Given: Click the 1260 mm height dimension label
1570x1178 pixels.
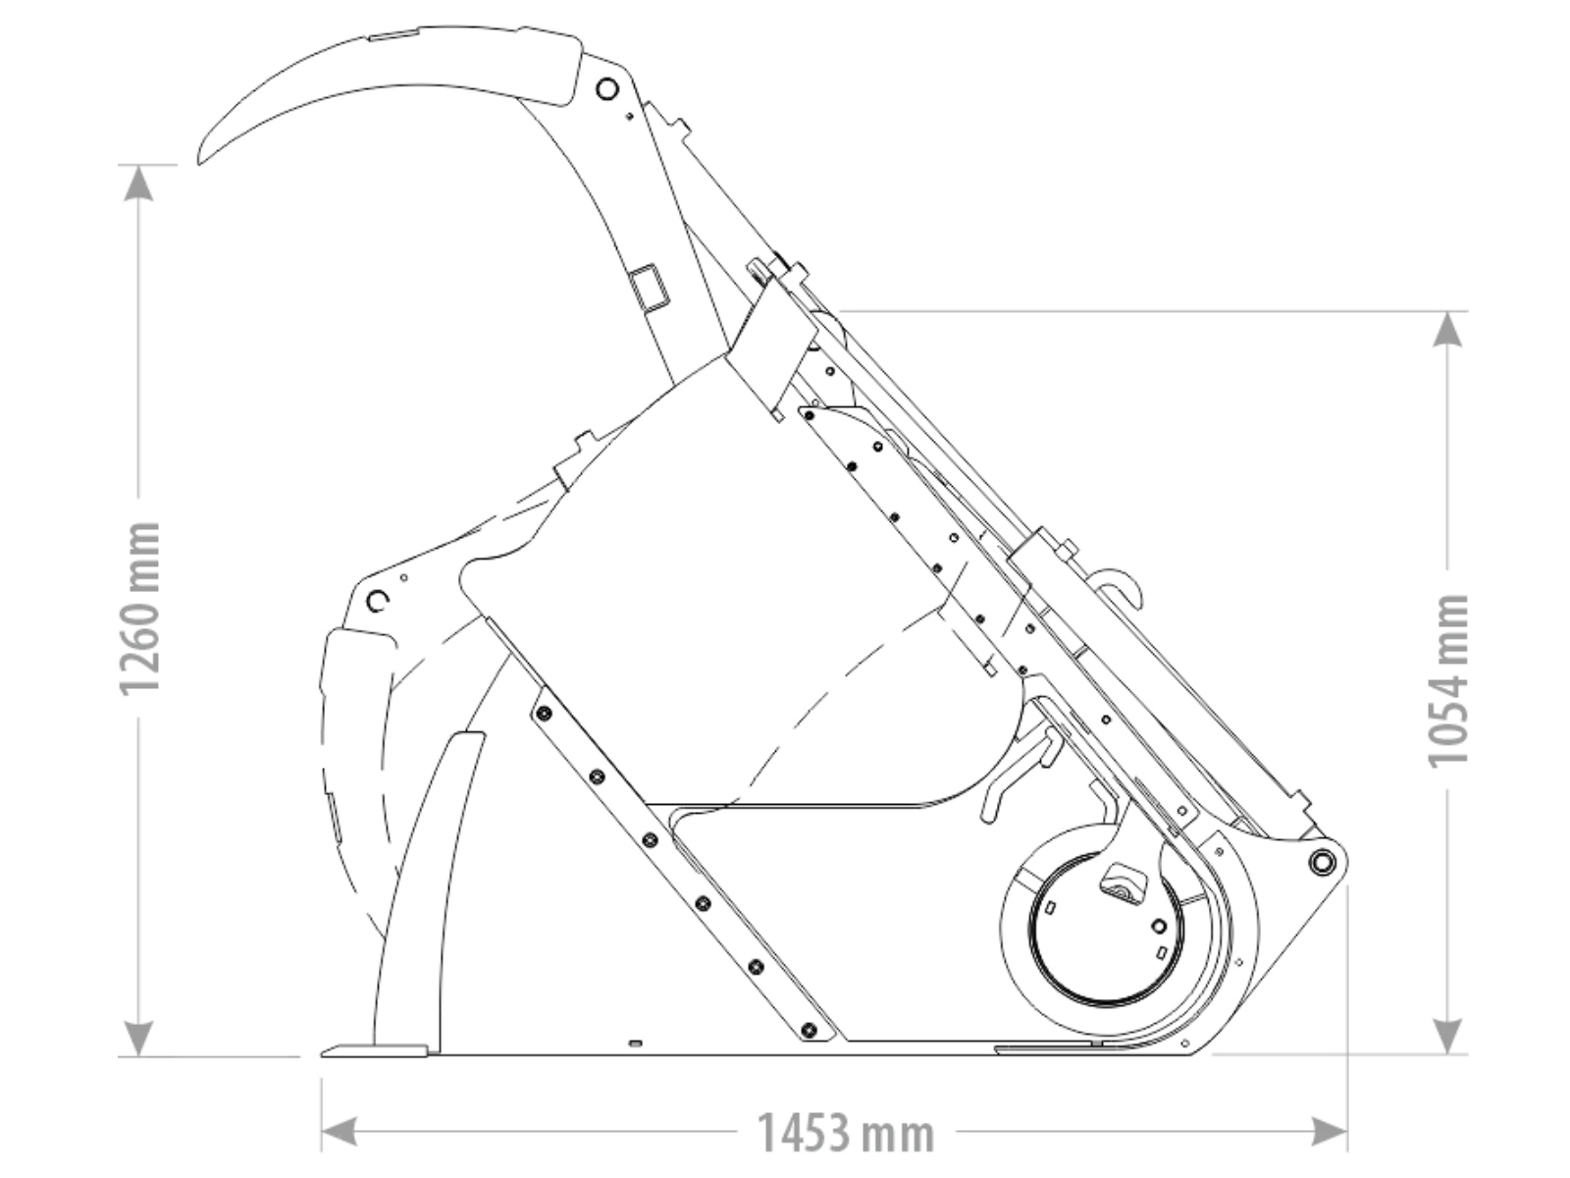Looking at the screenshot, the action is coord(138,608).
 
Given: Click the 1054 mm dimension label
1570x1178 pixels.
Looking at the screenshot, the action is coord(1447,680).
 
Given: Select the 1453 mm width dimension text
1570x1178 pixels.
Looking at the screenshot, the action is coord(845,1133).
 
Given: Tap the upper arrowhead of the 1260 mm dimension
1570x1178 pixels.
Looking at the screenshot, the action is coord(138,184).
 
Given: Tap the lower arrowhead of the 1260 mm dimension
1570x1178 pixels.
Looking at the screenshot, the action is coord(138,1038).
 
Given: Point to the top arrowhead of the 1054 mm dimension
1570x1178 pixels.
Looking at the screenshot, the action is coord(1447,330).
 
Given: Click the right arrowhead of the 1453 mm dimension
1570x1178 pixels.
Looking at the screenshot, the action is coord(1329,1132).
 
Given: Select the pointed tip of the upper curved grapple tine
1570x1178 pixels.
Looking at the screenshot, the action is coord(199,162).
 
